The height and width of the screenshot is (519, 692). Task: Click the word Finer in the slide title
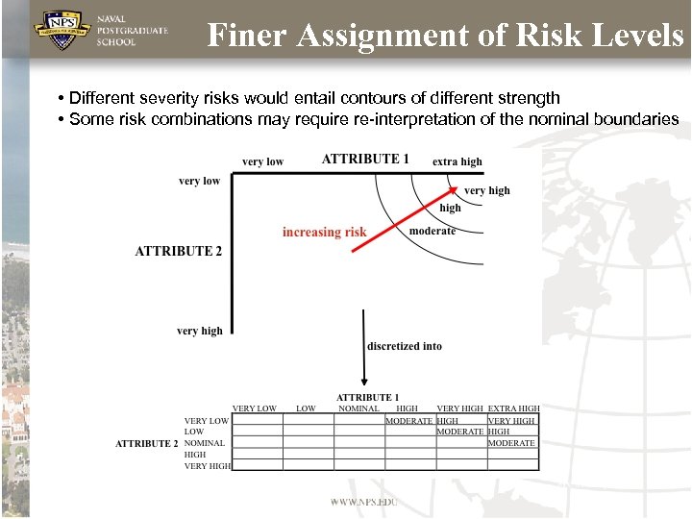pos(247,36)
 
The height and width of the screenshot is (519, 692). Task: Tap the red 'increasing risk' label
pos(324,233)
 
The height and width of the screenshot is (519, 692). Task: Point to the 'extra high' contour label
pos(457,161)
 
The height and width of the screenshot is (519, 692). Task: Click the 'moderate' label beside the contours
pos(432,231)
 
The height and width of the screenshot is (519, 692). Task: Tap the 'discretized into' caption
pos(405,346)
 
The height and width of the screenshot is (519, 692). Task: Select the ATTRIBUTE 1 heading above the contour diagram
pos(365,159)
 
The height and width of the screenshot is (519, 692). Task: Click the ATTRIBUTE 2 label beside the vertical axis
pos(179,251)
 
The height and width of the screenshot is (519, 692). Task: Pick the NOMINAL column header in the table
pos(359,408)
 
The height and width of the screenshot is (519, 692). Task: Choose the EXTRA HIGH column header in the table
pos(513,408)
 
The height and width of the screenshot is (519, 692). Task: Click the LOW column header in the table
pos(306,408)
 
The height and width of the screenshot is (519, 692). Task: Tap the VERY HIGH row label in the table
pos(208,466)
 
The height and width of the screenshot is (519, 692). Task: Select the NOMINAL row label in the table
pos(205,443)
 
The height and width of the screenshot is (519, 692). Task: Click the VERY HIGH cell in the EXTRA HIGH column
pos(511,420)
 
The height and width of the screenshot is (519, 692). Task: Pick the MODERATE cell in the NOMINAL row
pos(511,443)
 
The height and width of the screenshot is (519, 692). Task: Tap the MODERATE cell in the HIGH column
pos(408,420)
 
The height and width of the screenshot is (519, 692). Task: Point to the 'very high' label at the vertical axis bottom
pos(199,332)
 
